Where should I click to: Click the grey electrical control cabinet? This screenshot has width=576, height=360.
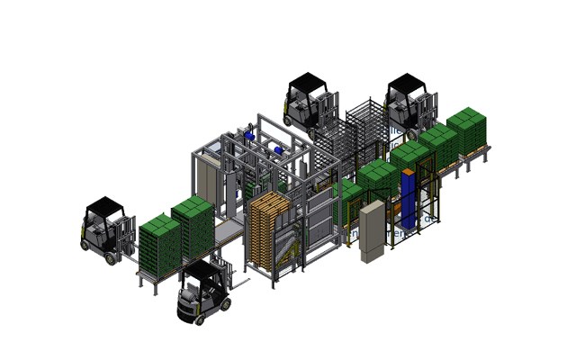click(372, 231)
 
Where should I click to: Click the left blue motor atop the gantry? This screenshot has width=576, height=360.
click(249, 138)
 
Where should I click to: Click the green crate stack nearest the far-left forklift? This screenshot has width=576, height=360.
click(158, 244)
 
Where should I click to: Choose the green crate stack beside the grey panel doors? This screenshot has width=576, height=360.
click(193, 224)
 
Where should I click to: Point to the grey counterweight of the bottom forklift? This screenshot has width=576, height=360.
click(192, 307)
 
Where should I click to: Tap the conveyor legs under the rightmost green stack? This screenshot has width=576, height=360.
click(475, 159)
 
